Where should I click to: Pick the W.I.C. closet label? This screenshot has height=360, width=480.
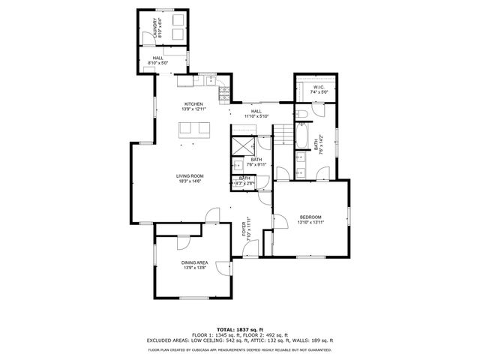point(318,87)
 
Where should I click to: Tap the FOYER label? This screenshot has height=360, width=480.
point(244,228)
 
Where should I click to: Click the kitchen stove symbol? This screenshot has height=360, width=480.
point(223,93)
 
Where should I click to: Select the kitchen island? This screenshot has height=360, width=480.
point(194,129)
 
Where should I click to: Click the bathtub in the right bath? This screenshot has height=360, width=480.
point(301,136)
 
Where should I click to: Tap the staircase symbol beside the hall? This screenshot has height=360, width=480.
point(282,135)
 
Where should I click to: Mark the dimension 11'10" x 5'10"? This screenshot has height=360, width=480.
point(256,116)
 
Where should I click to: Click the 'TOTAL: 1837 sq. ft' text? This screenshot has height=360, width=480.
point(240,329)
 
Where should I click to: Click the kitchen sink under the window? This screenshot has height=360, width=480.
point(206,78)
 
